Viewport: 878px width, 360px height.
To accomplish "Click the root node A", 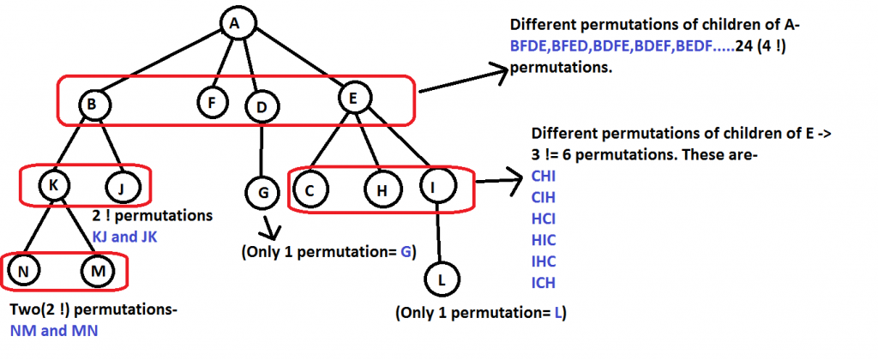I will coord(233,24).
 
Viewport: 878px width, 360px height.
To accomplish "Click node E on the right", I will coord(352,99).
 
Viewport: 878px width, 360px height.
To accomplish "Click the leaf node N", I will coord(23,273).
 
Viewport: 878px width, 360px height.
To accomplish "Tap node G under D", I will coord(262,191).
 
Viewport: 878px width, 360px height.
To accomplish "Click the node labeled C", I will coord(312,190).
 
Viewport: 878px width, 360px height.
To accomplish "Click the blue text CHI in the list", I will coord(544,177).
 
